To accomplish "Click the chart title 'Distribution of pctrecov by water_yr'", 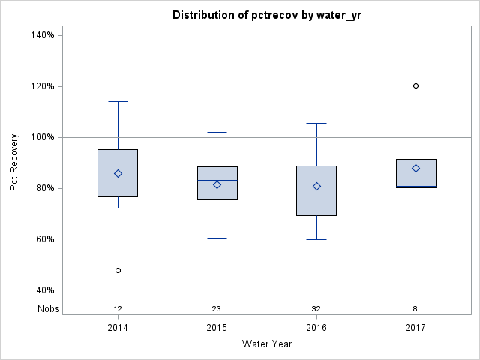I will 267,15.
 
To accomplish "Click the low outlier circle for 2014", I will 118,270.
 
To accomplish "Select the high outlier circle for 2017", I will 415,85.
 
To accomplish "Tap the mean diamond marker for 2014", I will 118,173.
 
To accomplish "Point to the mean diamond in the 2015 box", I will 217,184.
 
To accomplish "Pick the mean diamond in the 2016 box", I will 316,186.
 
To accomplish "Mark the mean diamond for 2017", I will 415,168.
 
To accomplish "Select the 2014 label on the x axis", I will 118,328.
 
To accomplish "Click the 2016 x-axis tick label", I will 316,328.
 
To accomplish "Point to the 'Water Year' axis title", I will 267,344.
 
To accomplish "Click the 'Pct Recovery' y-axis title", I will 15,162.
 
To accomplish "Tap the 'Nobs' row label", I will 49,309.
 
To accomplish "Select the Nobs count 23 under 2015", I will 217,309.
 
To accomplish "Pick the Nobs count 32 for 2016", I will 316,309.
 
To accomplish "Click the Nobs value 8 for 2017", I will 415,309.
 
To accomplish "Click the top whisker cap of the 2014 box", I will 118,101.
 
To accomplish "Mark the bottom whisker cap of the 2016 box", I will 316,239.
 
